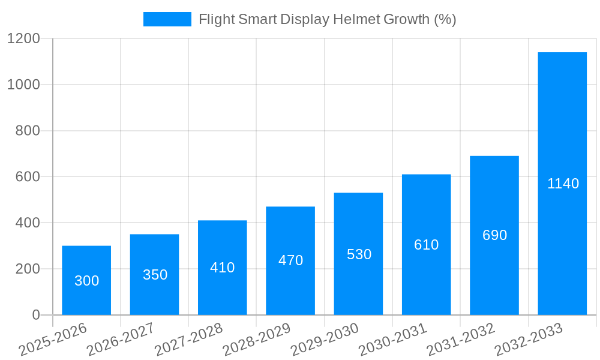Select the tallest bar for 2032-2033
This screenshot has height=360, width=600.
(562, 120)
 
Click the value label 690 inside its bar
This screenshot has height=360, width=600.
(494, 235)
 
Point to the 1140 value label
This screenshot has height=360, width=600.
(563, 184)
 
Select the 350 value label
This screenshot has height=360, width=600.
(155, 275)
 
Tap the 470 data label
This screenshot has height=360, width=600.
(290, 260)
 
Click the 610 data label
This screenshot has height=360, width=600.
(426, 245)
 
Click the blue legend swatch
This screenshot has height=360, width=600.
(167, 19)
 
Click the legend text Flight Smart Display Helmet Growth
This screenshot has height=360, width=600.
(327, 19)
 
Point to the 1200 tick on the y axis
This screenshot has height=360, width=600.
(23, 39)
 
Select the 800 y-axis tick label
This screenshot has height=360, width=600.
(27, 131)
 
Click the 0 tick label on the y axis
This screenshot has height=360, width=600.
(35, 315)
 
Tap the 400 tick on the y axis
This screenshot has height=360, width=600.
(27, 223)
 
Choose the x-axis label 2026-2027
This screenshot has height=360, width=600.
(121, 340)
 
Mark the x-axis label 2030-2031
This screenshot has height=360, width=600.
(392, 340)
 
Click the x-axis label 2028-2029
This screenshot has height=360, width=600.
(257, 340)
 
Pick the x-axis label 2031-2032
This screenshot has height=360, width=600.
(460, 340)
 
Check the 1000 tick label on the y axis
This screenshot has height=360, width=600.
(23, 85)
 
